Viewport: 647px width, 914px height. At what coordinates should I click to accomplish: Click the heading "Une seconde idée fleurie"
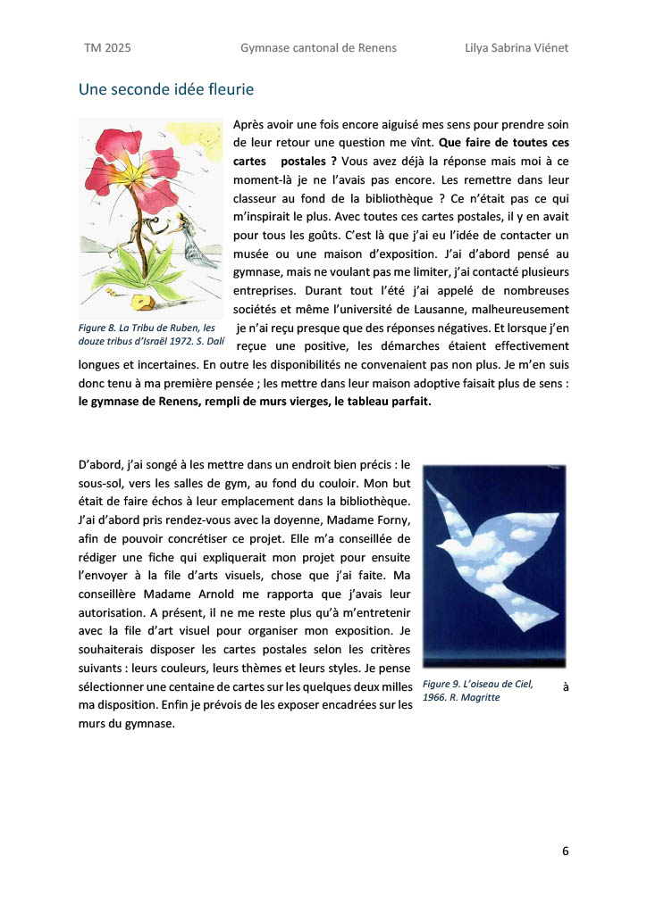click(x=166, y=89)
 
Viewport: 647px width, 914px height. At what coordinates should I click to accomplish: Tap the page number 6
click(x=566, y=850)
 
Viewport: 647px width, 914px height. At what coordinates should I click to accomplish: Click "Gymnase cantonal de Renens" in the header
click(x=318, y=47)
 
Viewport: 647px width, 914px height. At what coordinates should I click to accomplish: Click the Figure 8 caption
click(x=151, y=336)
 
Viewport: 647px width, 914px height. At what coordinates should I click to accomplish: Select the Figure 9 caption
click(x=478, y=690)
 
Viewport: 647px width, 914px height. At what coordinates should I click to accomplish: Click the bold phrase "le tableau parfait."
click(x=382, y=401)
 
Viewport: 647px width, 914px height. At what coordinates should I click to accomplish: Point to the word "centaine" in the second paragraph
click(x=214, y=685)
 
